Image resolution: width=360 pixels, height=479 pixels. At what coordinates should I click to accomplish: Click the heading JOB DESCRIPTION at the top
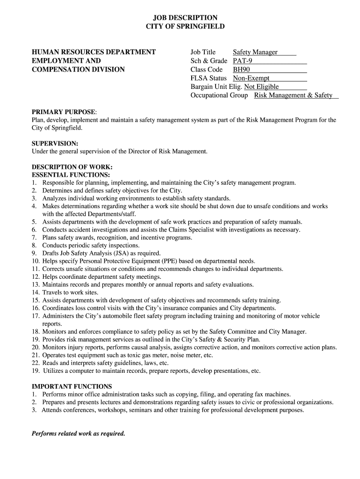pos(185,18)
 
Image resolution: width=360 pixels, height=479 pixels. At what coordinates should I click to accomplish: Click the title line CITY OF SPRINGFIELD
pos(185,27)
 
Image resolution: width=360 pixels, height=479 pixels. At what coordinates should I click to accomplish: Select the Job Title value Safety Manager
pos(255,52)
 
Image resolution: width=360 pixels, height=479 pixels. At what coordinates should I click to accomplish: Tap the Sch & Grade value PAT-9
pos(243,61)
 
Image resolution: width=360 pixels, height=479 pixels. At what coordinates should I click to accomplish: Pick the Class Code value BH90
pos(241,70)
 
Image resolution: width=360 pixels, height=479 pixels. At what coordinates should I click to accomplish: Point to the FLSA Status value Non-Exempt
pos(251,78)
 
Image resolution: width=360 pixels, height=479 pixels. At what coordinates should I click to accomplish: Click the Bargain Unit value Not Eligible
pos(261,87)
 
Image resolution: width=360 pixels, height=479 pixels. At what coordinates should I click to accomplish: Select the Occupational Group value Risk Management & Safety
pos(293,95)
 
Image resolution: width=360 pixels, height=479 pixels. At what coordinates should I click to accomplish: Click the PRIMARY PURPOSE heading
pos(64,112)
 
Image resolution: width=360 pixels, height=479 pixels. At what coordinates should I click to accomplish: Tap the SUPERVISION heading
pos(55,143)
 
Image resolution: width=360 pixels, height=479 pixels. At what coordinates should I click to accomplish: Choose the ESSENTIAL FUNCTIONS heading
pos(71,175)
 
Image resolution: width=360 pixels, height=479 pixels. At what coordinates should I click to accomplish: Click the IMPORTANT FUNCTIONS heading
pos(72,386)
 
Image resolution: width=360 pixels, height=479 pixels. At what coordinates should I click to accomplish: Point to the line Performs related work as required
pos(79,433)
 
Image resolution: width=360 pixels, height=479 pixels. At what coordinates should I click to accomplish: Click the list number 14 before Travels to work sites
pos(36,292)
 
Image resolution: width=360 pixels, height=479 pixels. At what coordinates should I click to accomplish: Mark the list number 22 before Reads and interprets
pos(36,363)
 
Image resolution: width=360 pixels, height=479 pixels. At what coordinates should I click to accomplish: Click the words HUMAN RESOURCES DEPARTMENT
pos(94,52)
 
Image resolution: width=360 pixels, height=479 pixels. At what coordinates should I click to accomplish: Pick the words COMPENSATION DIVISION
pos(78,70)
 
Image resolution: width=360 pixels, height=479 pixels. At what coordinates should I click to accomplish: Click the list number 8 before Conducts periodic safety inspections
pos(34,245)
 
